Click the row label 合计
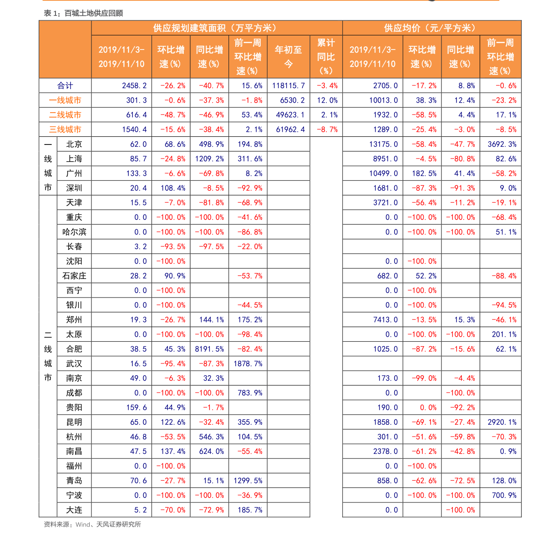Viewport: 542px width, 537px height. click(x=65, y=86)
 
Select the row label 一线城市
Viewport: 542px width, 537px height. click(x=65, y=100)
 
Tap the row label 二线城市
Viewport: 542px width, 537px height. click(x=65, y=115)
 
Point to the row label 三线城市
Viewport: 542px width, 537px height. click(x=65, y=129)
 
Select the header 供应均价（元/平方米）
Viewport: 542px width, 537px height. click(x=431, y=28)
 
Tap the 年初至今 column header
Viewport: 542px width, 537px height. click(x=288, y=57)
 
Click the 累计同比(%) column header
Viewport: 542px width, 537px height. click(x=326, y=57)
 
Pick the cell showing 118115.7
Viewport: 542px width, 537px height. click(x=289, y=86)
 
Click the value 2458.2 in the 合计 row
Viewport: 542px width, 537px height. click(x=134, y=86)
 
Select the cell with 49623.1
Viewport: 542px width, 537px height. click(x=290, y=115)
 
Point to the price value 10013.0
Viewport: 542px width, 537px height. click(x=383, y=100)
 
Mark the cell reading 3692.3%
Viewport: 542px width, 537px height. click(x=502, y=144)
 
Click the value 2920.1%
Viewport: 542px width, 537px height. click(x=502, y=422)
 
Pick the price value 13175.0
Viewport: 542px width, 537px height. click(x=383, y=144)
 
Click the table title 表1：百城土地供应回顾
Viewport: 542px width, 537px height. click(x=83, y=14)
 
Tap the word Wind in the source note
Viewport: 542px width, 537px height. click(x=83, y=524)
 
